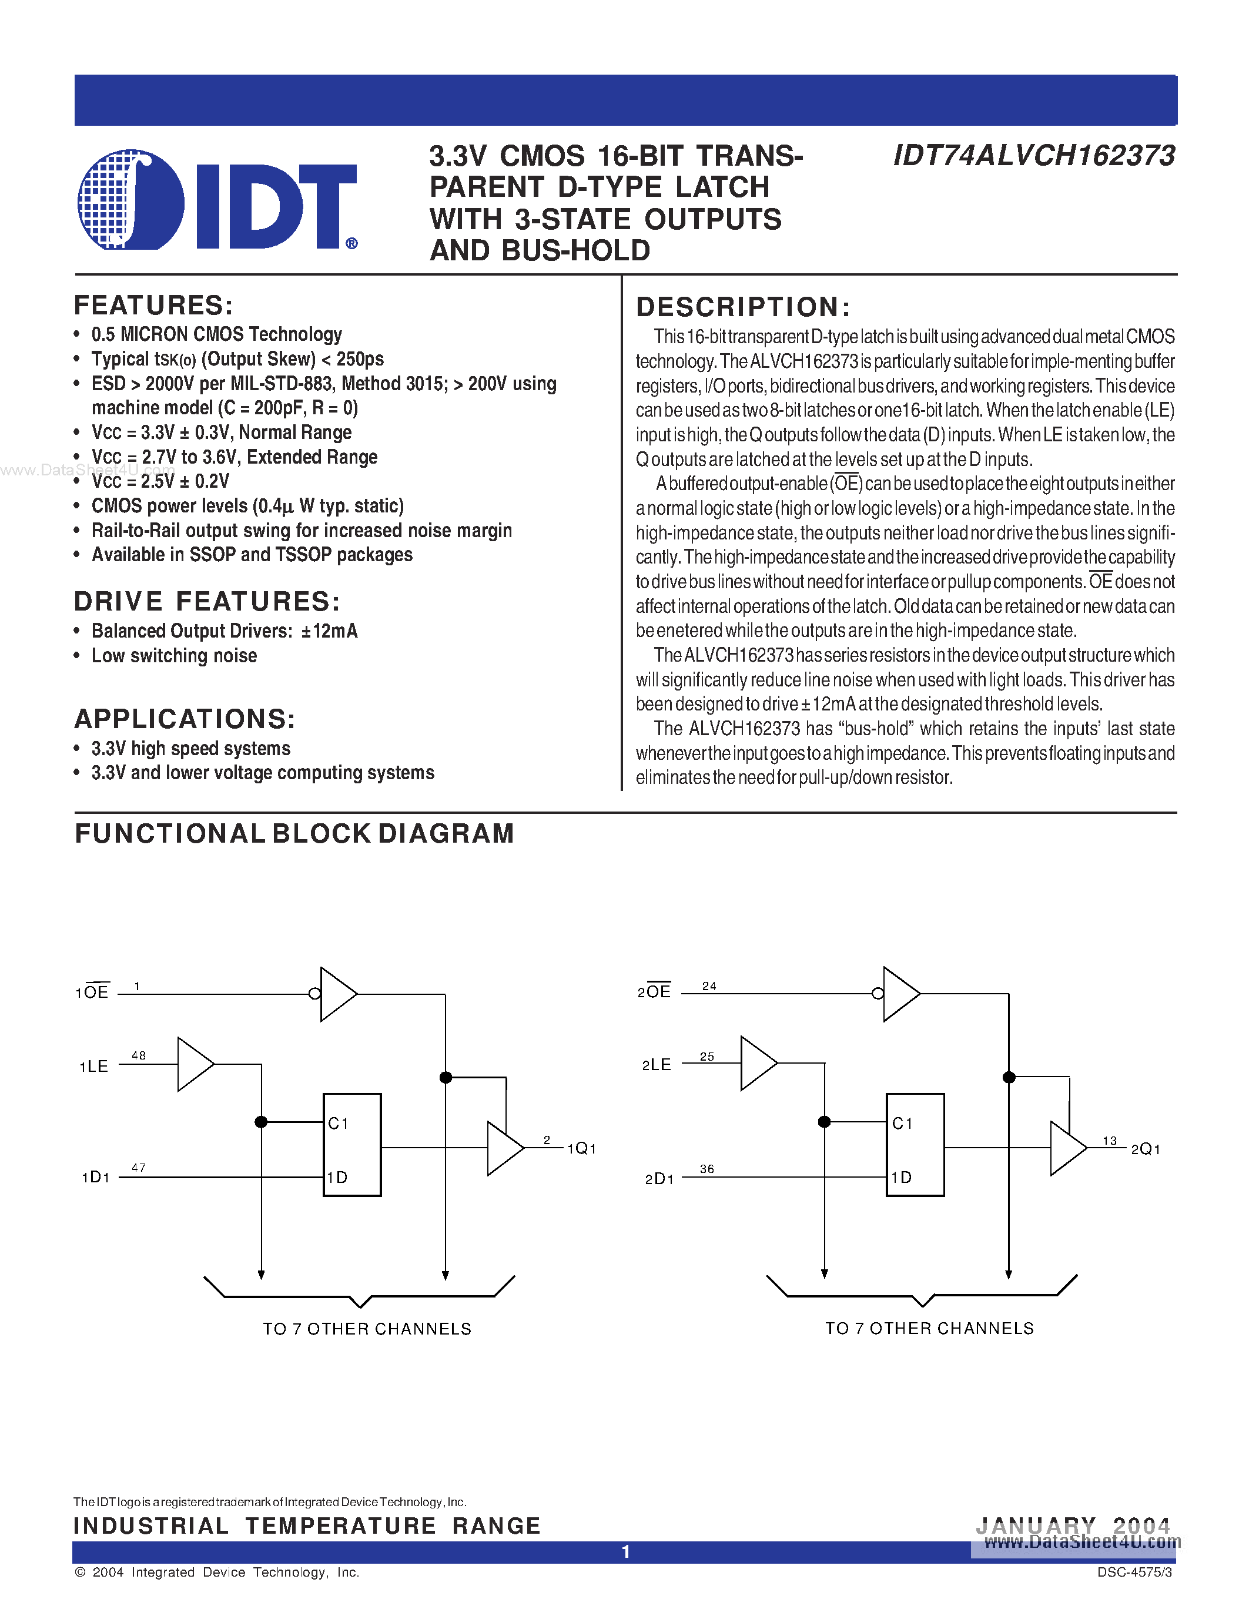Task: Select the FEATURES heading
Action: [x=153, y=306]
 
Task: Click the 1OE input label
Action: [x=92, y=993]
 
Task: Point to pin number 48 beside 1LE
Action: [x=138, y=1055]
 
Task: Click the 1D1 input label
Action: [x=95, y=1177]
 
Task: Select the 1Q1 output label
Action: [x=581, y=1148]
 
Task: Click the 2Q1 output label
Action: [x=1146, y=1149]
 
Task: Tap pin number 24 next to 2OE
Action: [x=709, y=985]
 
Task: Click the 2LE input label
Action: [x=657, y=1065]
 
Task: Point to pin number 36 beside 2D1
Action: [x=706, y=1169]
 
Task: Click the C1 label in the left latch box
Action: [x=338, y=1123]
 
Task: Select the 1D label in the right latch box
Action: [x=901, y=1177]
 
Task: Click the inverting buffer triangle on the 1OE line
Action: [x=336, y=994]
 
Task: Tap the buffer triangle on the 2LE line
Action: [x=756, y=1063]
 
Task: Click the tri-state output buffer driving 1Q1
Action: [x=503, y=1148]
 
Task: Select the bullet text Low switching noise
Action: [x=174, y=656]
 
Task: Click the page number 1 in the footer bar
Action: [x=625, y=1551]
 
